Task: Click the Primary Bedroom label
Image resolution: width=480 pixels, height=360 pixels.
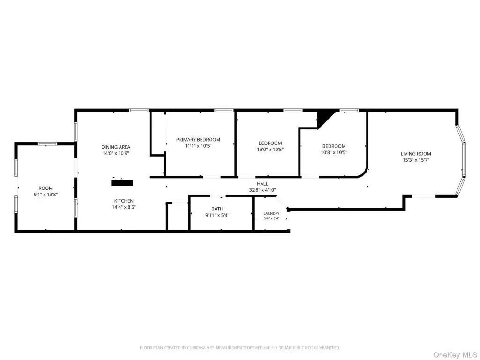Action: (x=198, y=140)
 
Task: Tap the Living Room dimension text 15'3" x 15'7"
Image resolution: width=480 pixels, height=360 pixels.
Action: (x=416, y=160)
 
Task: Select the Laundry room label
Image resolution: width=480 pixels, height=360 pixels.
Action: (x=271, y=213)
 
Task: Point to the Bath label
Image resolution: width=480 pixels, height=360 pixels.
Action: (x=217, y=209)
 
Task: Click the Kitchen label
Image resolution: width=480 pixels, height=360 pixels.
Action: (x=124, y=201)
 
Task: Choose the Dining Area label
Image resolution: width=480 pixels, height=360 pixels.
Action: (x=116, y=147)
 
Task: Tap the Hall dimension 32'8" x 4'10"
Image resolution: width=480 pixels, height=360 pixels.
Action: (x=262, y=190)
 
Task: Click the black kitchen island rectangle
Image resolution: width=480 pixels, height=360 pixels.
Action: (x=122, y=183)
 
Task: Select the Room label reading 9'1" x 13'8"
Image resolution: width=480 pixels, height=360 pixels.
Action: (x=45, y=195)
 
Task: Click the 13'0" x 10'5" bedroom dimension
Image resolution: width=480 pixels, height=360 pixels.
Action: (x=270, y=150)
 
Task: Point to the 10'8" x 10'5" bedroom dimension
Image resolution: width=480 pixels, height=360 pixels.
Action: (x=334, y=152)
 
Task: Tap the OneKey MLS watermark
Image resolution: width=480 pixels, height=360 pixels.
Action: (x=455, y=355)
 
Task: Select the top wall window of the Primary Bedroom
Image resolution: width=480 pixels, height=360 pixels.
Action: (x=224, y=110)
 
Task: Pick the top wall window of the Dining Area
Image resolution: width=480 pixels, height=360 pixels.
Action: (x=139, y=110)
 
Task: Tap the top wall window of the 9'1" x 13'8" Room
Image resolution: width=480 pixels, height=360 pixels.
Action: (x=47, y=143)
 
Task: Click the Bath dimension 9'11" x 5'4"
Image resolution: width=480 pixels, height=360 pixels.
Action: (x=217, y=215)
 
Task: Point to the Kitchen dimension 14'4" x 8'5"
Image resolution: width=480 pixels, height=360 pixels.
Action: (x=124, y=207)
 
